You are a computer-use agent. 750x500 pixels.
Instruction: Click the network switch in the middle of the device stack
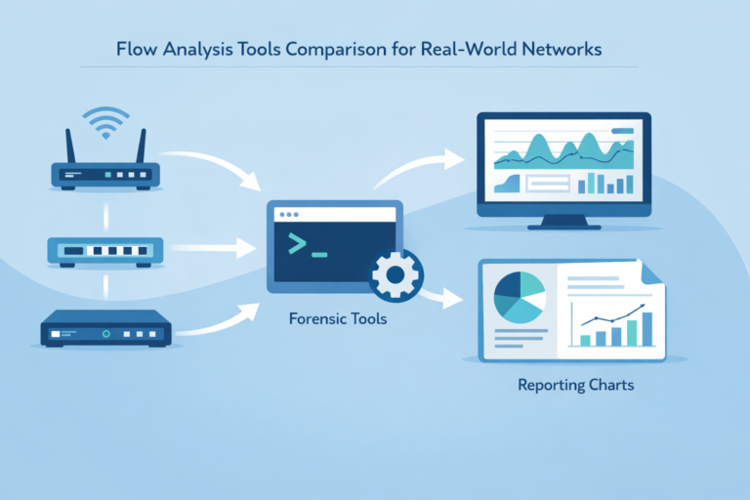click(103, 251)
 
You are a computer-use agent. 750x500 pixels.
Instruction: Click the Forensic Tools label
click(338, 318)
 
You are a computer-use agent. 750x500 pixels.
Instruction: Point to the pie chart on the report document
click(519, 298)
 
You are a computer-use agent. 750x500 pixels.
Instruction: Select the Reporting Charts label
click(575, 385)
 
